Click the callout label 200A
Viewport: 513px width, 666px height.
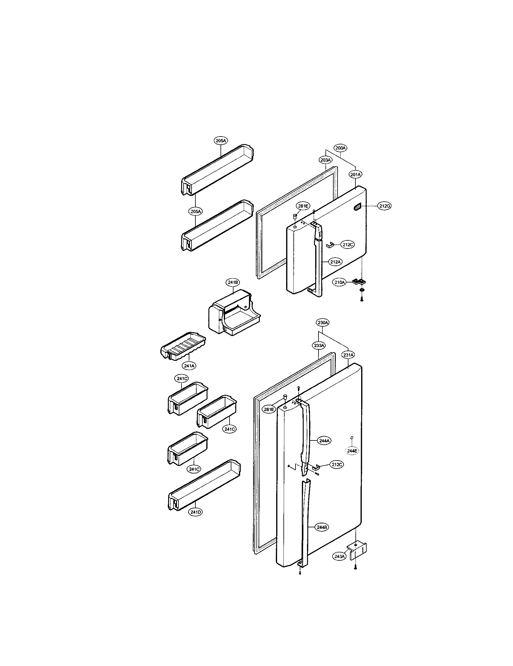pos(341,148)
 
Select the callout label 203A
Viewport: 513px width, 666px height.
pos(326,160)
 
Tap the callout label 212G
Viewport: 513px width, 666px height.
pos(385,206)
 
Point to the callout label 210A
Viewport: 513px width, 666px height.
pos(339,282)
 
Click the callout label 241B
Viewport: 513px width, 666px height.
pos(232,282)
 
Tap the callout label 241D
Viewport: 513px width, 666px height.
pos(195,512)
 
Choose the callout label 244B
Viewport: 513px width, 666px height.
pos(322,527)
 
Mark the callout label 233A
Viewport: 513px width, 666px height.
pos(319,345)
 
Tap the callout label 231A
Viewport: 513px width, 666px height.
pos(348,355)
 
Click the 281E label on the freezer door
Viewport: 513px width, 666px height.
pos(303,206)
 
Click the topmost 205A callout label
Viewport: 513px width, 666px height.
pos(221,140)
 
